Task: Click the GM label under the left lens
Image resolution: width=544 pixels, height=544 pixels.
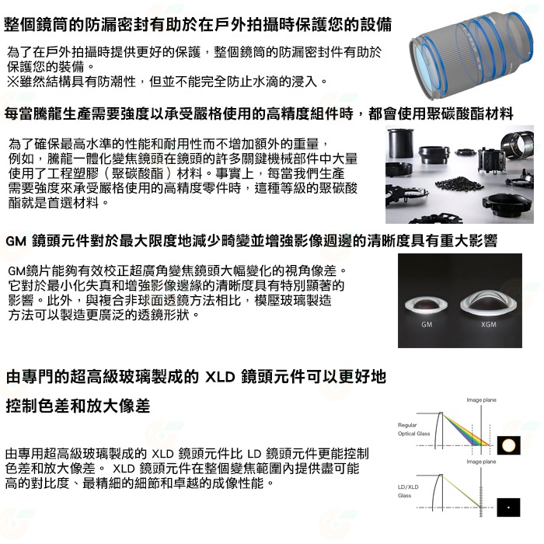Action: click(x=427, y=324)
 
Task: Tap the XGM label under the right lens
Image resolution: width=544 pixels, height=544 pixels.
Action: click(x=489, y=324)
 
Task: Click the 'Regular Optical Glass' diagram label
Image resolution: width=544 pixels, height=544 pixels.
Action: click(x=413, y=429)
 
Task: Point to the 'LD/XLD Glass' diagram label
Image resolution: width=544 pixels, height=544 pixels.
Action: click(x=408, y=491)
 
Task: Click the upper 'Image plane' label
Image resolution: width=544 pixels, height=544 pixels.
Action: click(x=481, y=400)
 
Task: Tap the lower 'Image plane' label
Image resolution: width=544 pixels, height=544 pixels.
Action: click(x=481, y=462)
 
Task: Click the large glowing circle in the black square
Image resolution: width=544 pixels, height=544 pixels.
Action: click(x=508, y=445)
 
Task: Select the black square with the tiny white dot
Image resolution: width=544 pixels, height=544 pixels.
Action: click(x=508, y=507)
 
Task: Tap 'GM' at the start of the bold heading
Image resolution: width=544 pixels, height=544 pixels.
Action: click(x=16, y=241)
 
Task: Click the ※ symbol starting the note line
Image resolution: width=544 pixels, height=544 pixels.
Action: click(x=13, y=82)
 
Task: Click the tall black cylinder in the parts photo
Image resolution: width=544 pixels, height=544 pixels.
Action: click(x=401, y=143)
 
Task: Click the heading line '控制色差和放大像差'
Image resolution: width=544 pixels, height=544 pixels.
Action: click(x=78, y=406)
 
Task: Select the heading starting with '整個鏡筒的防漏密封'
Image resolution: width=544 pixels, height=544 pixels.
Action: click(x=197, y=25)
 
